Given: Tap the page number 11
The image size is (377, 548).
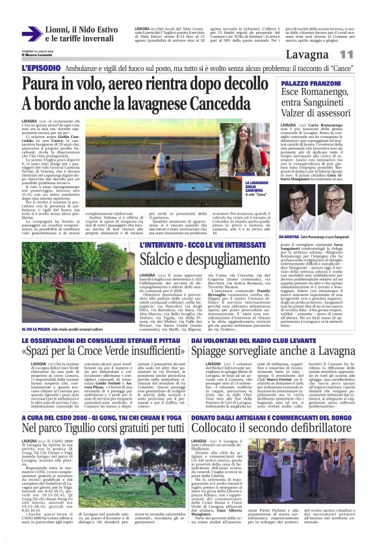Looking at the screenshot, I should pos(347,55).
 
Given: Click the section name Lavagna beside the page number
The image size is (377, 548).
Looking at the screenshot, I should pos(311,55).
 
